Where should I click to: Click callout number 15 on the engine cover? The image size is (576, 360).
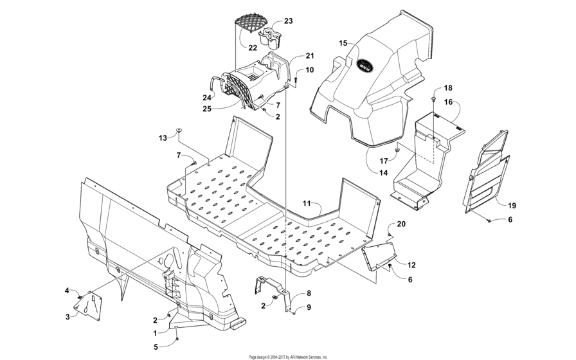pos(343,43)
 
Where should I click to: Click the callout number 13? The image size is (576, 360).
pos(163,138)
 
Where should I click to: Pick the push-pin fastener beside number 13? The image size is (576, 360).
pos(180,130)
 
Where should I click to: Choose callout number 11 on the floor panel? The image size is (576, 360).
pos(307,203)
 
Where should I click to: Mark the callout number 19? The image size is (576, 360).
pos(512,206)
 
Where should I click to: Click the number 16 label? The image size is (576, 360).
pos(447,102)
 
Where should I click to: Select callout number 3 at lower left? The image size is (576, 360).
pos(67,316)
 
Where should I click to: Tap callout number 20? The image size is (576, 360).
pos(402,224)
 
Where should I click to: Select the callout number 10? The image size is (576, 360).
pos(309,69)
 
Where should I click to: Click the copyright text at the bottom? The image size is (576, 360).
pos(288,356)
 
